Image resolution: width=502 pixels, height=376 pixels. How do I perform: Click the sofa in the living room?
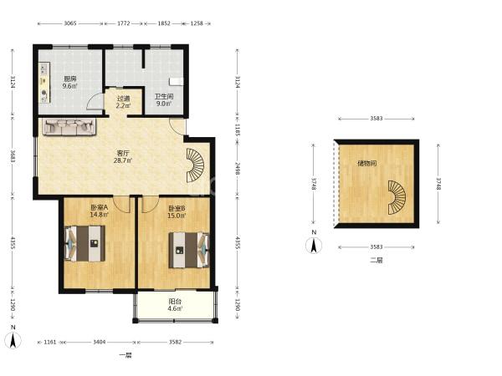pyautogui.click(x=69, y=127)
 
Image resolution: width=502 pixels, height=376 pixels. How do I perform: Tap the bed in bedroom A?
pyautogui.click(x=85, y=243)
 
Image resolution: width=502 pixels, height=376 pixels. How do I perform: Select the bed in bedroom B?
pyautogui.click(x=189, y=250)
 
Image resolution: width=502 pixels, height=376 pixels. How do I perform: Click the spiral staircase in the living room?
pyautogui.click(x=195, y=165)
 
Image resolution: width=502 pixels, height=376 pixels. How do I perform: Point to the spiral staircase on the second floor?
pyautogui.click(x=397, y=197)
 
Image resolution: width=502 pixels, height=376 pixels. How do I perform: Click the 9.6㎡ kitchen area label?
pyautogui.click(x=69, y=86)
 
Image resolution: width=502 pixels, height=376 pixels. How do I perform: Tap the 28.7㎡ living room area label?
pyautogui.click(x=123, y=160)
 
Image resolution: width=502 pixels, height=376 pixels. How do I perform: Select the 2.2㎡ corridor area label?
pyautogui.click(x=123, y=106)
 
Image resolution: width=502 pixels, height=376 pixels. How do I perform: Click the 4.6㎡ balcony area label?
pyautogui.click(x=175, y=308)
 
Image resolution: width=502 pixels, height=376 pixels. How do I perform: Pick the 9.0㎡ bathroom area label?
pyautogui.click(x=164, y=104)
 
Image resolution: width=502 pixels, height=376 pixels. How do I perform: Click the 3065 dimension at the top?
pyautogui.click(x=70, y=23)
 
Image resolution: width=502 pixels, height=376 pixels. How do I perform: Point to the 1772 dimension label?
pyautogui.click(x=124, y=23)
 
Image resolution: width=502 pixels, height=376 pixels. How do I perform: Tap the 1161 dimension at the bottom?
pyautogui.click(x=50, y=342)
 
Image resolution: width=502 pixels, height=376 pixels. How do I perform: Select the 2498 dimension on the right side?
pyautogui.click(x=238, y=169)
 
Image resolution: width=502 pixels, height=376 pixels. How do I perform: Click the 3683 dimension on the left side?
pyautogui.click(x=13, y=156)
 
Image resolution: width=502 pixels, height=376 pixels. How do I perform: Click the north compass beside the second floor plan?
pyautogui.click(x=314, y=246)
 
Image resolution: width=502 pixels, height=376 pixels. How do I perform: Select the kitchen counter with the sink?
pyautogui.click(x=45, y=83)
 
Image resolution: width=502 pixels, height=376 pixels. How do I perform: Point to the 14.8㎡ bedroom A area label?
pyautogui.click(x=99, y=215)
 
